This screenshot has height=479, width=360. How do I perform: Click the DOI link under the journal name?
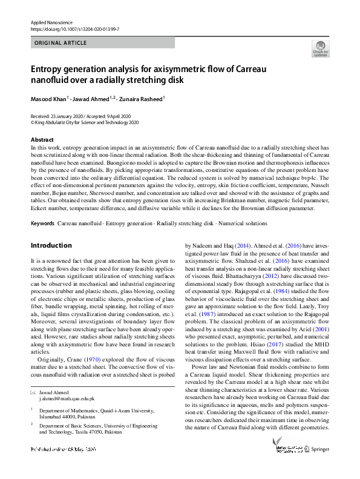click(x=74, y=28)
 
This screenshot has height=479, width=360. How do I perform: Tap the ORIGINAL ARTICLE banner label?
click(x=61, y=43)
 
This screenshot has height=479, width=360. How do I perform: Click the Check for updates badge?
click(x=320, y=48)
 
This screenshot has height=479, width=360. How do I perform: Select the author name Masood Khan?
click(x=48, y=98)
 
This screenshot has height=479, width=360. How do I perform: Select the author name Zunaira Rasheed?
click(x=142, y=98)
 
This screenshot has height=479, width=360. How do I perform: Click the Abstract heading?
click(x=42, y=140)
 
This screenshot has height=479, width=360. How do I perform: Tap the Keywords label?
click(x=42, y=223)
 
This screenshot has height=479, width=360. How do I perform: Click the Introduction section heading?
click(x=51, y=246)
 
